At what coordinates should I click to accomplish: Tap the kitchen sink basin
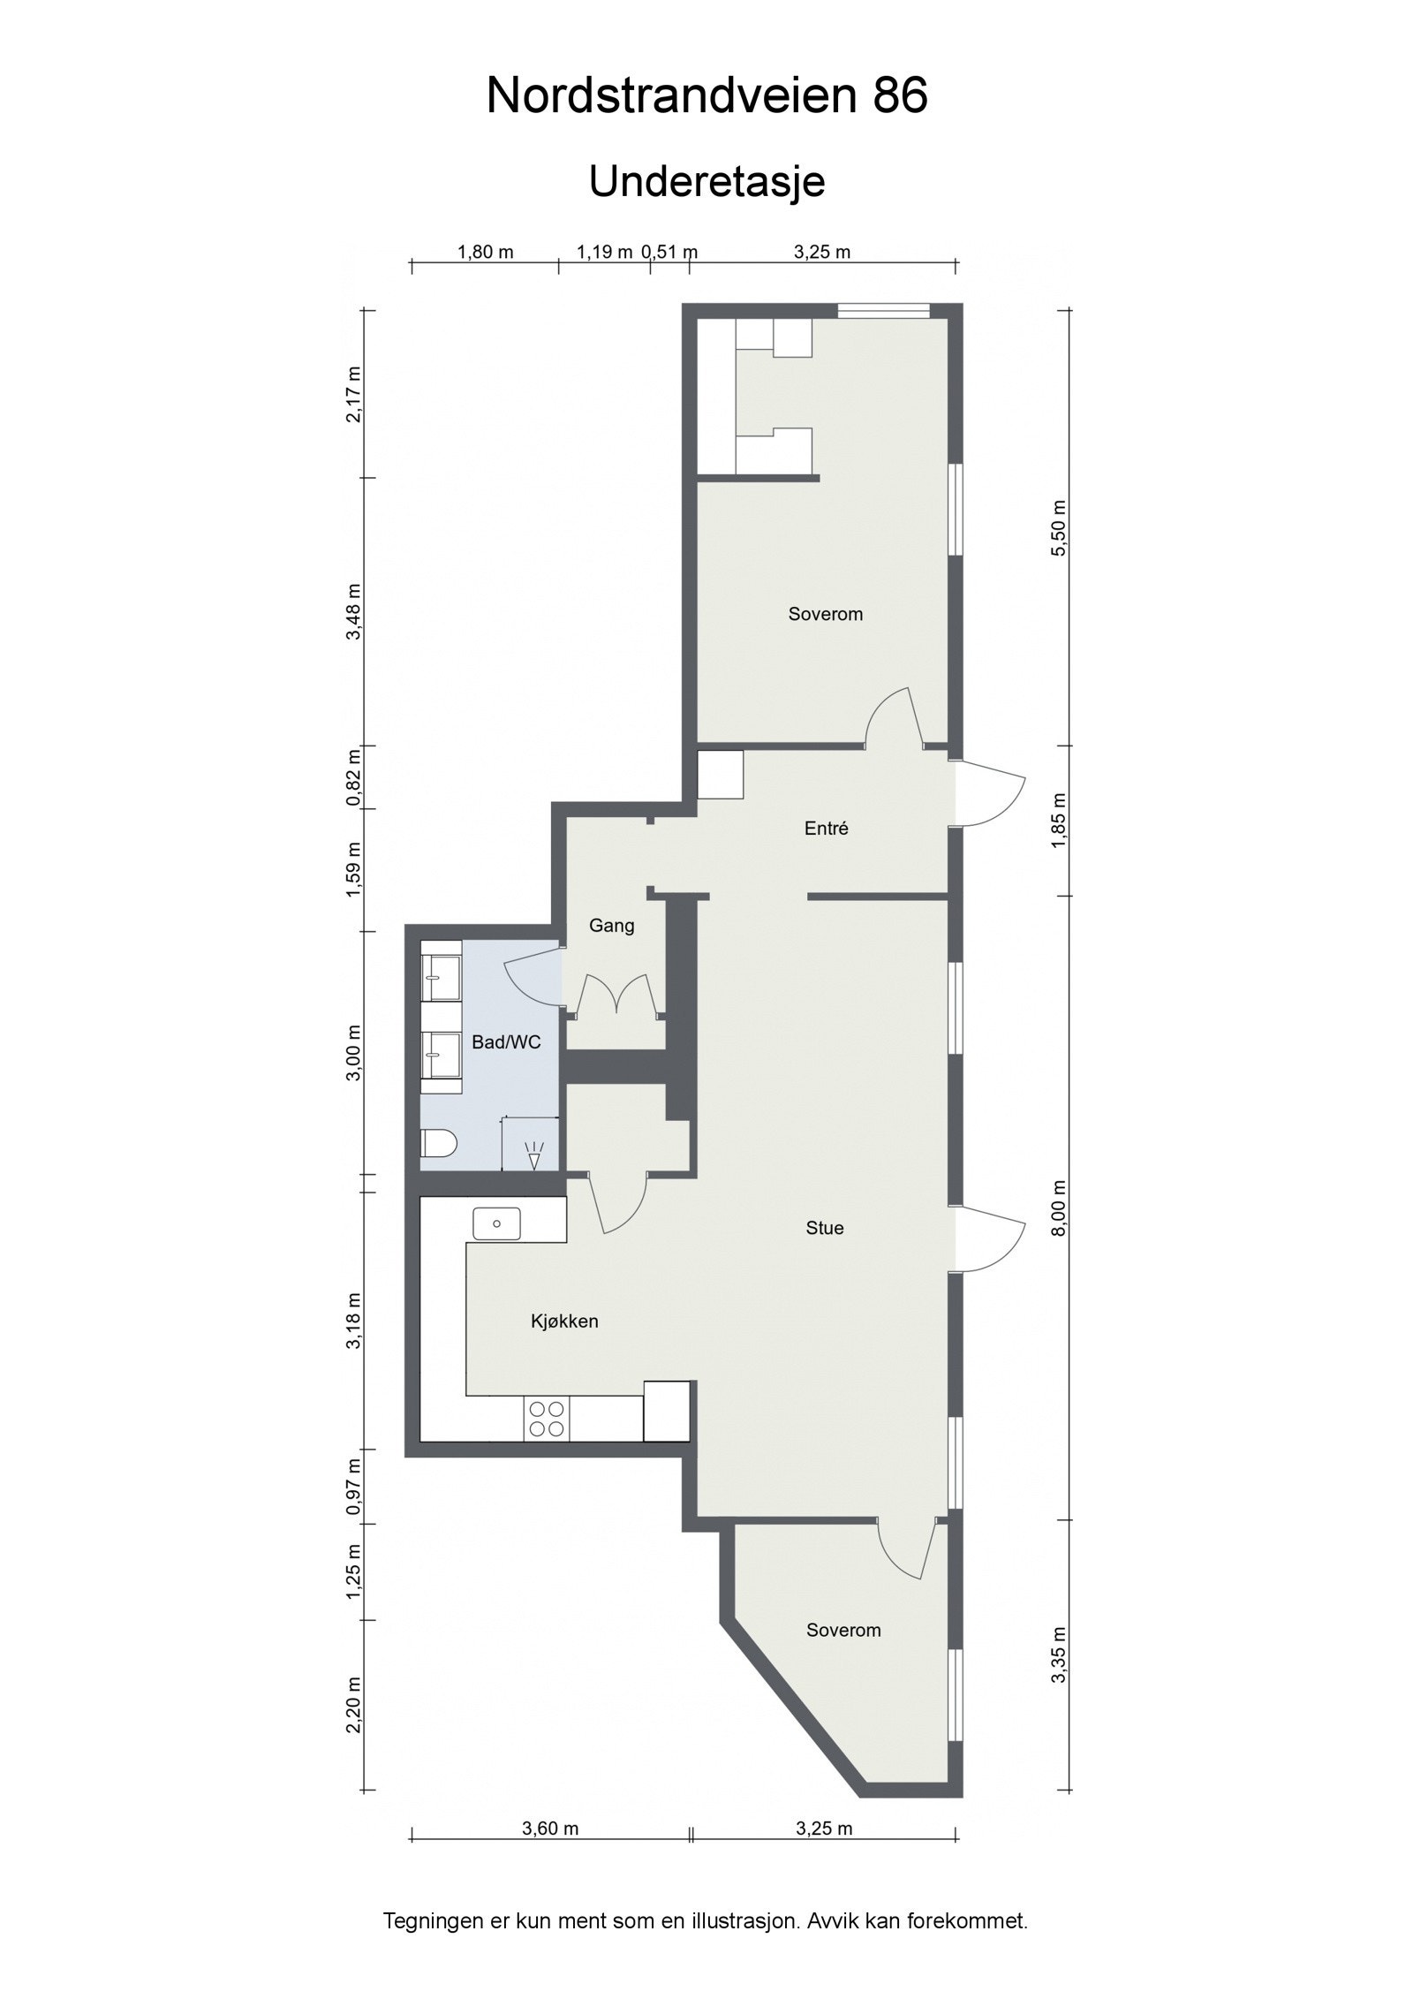pyautogui.click(x=497, y=1223)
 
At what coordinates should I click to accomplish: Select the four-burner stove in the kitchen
pyautogui.click(x=546, y=1419)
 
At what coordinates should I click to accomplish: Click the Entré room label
pyautogui.click(x=826, y=829)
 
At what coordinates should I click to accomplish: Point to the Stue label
pyautogui.click(x=824, y=1228)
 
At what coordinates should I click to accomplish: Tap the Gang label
pyautogui.click(x=611, y=926)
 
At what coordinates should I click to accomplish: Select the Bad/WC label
pyautogui.click(x=505, y=1042)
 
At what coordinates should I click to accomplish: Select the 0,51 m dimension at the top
pyautogui.click(x=669, y=252)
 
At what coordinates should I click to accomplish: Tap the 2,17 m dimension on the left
pyautogui.click(x=354, y=394)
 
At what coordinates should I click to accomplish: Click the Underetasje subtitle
pyautogui.click(x=706, y=182)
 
